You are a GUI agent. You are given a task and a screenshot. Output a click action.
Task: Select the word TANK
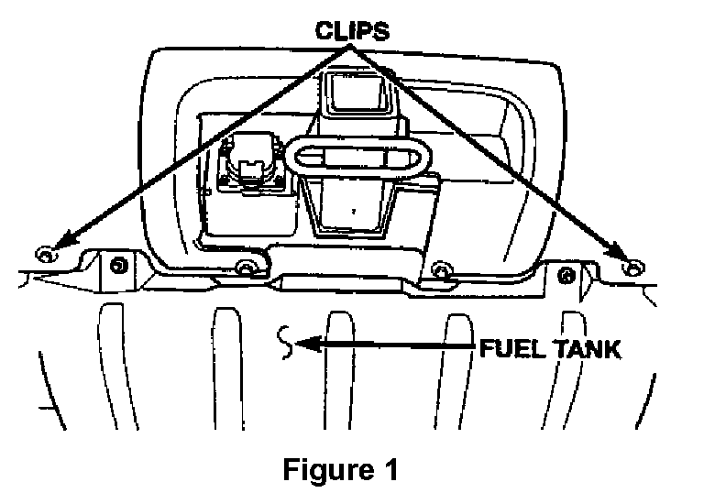(587, 348)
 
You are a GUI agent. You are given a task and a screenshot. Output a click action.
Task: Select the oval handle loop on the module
(356, 159)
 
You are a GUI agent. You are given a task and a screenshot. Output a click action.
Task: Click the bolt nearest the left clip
(116, 266)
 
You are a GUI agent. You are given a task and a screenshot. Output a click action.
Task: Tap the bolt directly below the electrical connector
(245, 268)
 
